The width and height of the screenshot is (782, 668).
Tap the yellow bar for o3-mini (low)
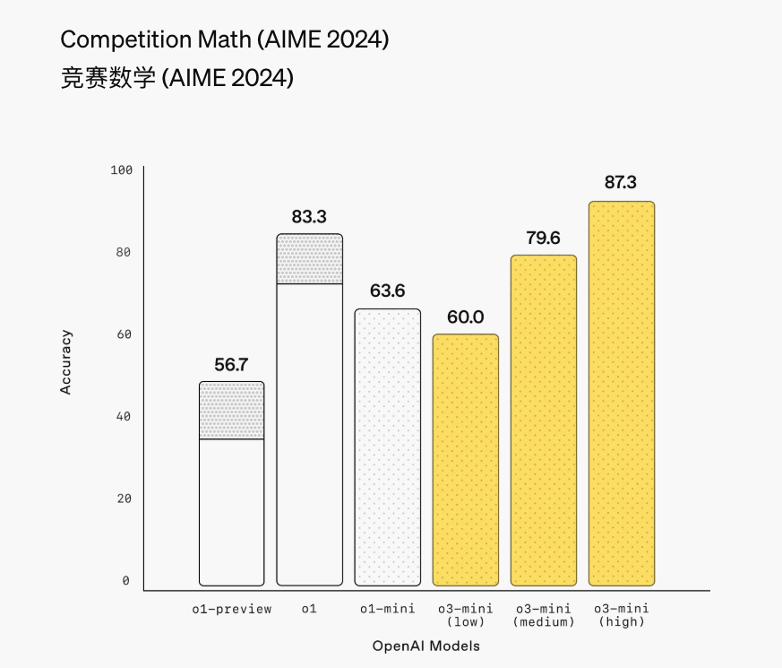point(466,459)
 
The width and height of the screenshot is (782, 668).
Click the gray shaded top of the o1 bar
point(310,259)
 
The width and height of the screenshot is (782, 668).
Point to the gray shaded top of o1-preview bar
point(232,411)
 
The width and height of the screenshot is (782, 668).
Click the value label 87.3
point(621,183)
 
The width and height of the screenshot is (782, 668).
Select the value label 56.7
point(232,364)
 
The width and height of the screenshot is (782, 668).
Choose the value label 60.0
point(466,317)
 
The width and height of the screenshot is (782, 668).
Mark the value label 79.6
point(543,238)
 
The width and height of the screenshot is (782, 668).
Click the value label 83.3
point(310,216)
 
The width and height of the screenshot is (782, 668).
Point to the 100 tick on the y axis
point(121,170)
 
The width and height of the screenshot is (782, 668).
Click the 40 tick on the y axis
point(124,417)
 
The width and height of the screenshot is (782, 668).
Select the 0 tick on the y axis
point(126,581)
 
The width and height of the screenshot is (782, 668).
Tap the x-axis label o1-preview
point(232,610)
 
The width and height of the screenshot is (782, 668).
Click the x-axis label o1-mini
point(388,610)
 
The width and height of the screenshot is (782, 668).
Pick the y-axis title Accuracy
point(65,362)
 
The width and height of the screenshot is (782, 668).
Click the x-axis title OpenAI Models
point(426,646)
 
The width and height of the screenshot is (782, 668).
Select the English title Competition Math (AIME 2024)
point(224,40)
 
